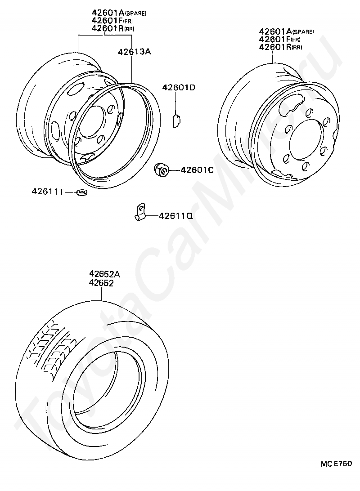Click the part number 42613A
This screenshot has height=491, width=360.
click(x=135, y=52)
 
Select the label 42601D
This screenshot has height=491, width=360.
click(x=179, y=88)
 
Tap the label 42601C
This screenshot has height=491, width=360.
click(x=197, y=170)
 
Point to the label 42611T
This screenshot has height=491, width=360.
click(x=47, y=191)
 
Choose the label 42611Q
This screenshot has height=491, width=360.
click(x=176, y=216)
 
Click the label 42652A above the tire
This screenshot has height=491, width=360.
click(x=105, y=274)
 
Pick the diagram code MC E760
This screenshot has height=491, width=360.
click(x=336, y=464)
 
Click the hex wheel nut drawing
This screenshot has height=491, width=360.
click(x=162, y=170)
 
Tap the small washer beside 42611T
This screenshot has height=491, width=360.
click(x=82, y=192)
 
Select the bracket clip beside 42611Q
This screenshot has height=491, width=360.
click(x=140, y=212)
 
